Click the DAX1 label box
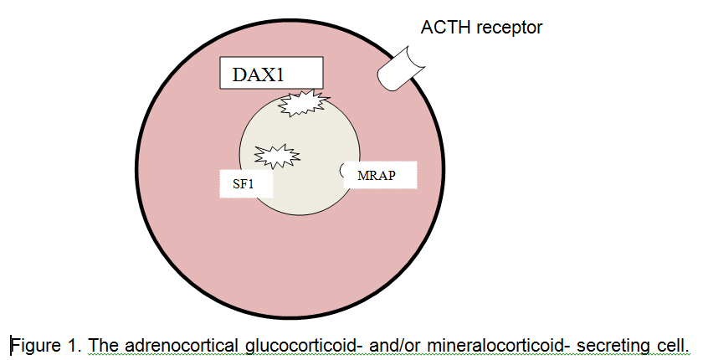point(270,74)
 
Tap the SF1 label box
point(246,182)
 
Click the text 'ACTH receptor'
point(481,28)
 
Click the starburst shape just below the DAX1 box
point(301,105)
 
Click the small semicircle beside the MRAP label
point(346,171)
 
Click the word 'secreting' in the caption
point(613,345)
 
